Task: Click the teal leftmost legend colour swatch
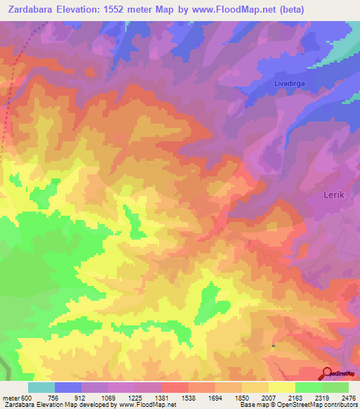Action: (41, 387)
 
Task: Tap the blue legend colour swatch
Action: (68, 387)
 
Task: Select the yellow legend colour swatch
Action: (281, 387)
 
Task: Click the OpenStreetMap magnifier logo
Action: (327, 373)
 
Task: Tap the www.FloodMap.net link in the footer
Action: (148, 405)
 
